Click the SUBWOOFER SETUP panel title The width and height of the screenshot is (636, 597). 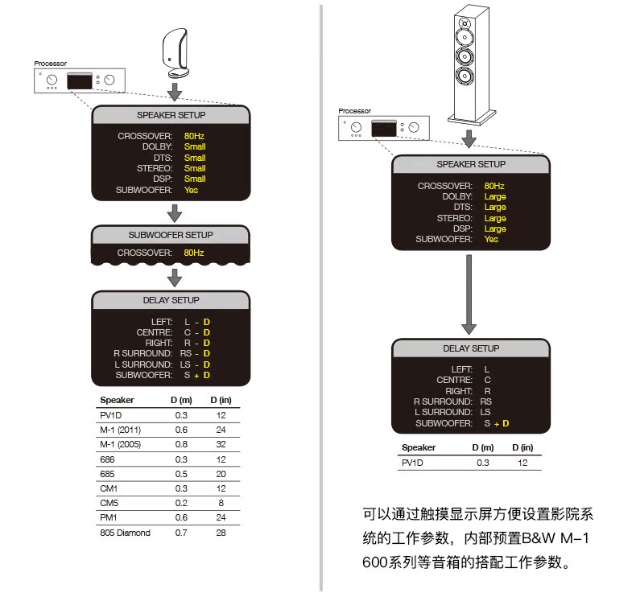[171, 235]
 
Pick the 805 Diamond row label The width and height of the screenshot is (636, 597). [125, 533]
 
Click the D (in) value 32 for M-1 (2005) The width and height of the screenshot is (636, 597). [221, 443]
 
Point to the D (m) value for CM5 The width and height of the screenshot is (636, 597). [182, 503]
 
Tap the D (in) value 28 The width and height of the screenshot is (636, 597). [221, 533]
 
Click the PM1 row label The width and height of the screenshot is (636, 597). [109, 517]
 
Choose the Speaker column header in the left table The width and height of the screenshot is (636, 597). [117, 400]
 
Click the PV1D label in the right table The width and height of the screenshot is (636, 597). [412, 463]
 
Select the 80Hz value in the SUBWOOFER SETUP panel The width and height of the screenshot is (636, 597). [194, 253]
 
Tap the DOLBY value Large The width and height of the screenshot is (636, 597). [495, 196]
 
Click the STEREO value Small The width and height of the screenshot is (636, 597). [195, 169]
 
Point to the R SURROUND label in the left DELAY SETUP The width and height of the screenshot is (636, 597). [142, 353]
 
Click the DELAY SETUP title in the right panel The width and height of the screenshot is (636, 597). [471, 348]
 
